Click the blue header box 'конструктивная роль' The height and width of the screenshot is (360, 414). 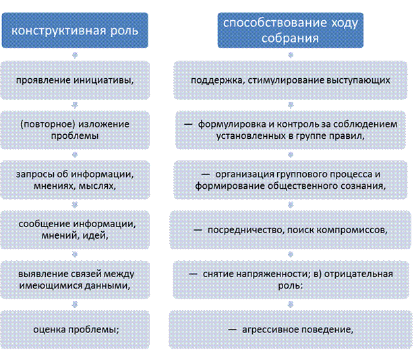click(73, 32)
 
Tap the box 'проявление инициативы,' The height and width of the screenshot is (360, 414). click(73, 80)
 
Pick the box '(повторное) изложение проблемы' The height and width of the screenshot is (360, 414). click(73, 129)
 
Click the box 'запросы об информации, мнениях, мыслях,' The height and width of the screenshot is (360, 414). click(73, 180)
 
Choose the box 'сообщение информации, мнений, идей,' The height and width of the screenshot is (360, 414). click(73, 230)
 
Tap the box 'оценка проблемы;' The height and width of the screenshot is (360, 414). click(73, 330)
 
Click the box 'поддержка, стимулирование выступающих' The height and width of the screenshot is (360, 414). click(291, 80)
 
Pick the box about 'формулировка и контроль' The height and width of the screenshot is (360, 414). click(291, 129)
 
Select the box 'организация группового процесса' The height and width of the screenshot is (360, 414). click(291, 180)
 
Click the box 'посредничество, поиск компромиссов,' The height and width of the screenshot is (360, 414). click(291, 230)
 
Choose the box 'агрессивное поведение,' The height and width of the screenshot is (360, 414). click(291, 330)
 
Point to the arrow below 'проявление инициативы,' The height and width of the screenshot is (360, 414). click(73, 104)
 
